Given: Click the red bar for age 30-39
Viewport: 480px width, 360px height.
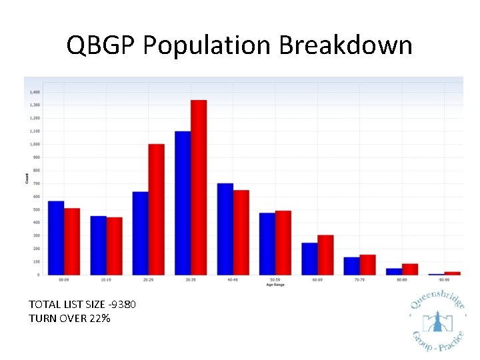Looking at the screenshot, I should point(199,187).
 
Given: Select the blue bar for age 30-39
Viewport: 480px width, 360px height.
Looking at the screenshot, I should point(183,203).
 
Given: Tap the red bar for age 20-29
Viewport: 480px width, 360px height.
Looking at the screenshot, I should point(156,209).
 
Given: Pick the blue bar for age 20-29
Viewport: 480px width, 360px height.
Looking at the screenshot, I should point(141,233).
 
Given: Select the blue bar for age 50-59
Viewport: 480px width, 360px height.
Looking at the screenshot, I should point(267,244).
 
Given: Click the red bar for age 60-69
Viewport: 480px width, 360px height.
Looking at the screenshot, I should point(325,255).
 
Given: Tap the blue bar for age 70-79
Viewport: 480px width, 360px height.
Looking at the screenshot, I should point(352,266).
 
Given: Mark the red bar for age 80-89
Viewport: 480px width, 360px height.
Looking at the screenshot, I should point(410,269).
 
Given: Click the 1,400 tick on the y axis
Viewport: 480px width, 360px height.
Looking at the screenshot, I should point(35,92).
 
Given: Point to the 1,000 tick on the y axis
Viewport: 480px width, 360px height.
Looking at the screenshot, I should point(35,144).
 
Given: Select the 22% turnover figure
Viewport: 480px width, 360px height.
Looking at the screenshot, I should point(98,318).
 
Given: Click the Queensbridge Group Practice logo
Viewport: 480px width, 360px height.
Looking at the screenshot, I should point(437,323).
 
